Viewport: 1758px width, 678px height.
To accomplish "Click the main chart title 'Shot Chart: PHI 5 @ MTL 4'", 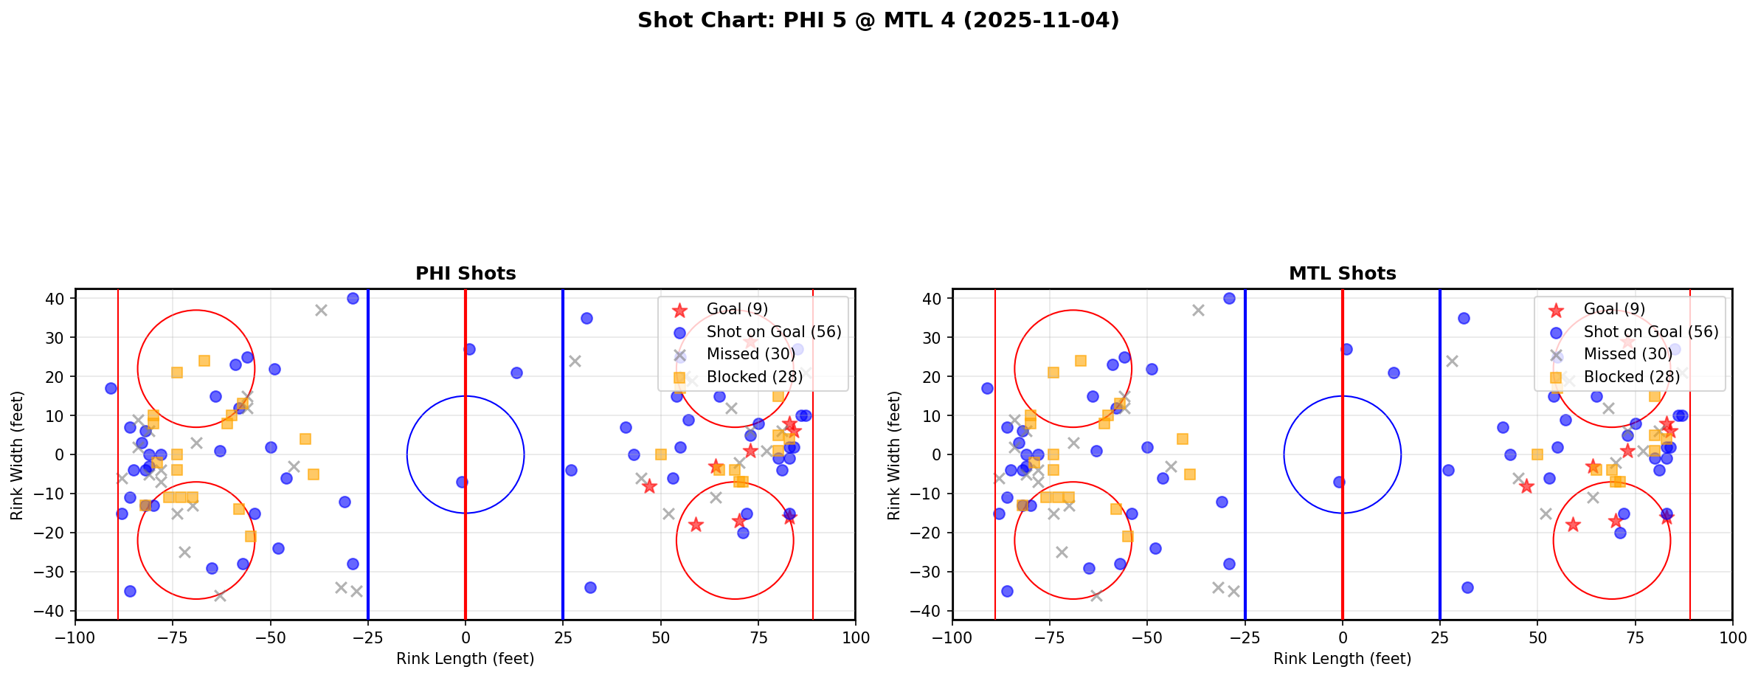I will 878,21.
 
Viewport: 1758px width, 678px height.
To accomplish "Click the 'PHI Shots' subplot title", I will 466,274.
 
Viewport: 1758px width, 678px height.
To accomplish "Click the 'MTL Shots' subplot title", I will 1342,274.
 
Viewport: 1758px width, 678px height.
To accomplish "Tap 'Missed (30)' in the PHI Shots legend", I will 750,354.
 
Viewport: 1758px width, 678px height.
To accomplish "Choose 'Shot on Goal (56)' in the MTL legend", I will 1650,332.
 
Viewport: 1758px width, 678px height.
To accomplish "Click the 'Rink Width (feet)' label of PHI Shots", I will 17,455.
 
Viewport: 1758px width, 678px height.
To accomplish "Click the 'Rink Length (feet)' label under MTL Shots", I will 1342,659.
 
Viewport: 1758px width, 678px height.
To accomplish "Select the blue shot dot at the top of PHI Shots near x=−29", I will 353,299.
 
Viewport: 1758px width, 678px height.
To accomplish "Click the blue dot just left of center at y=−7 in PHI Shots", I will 462,482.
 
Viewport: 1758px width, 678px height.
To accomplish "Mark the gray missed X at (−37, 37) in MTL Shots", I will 1198,311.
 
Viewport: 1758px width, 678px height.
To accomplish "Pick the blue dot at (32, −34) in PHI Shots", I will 590,587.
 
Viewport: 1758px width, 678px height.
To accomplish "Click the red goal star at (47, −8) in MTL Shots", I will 1526,486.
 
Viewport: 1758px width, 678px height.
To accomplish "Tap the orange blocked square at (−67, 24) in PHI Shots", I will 204,361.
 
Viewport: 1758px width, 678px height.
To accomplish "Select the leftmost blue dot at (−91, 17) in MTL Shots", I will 987,388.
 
